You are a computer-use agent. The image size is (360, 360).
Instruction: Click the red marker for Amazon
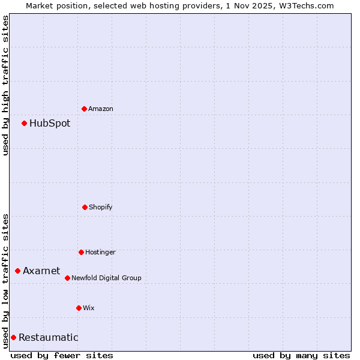(x=85, y=109)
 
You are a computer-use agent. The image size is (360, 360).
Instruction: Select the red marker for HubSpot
(x=25, y=123)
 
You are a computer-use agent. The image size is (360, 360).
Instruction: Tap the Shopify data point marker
(x=85, y=207)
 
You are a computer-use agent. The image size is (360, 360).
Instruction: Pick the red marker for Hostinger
(x=81, y=252)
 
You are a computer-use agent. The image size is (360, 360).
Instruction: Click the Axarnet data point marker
(x=18, y=271)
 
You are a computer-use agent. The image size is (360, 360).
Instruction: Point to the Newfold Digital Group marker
(x=67, y=278)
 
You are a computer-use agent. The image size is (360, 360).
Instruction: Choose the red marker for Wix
(x=79, y=308)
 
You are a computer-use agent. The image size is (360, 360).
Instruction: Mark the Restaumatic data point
(x=13, y=337)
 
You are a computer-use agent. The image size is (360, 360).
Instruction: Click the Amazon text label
(x=101, y=109)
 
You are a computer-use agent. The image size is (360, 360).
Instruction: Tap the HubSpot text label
(x=50, y=123)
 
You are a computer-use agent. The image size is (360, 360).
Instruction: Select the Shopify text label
(x=101, y=207)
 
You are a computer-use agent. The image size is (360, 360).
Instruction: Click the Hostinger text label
(x=100, y=252)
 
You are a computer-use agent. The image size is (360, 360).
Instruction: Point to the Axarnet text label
(x=41, y=271)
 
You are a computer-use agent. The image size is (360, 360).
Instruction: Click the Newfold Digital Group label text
(x=106, y=278)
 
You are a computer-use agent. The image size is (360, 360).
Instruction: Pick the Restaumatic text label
(x=48, y=337)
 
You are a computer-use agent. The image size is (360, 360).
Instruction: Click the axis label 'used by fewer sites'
(x=62, y=355)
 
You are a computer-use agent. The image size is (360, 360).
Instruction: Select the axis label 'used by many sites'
(x=301, y=355)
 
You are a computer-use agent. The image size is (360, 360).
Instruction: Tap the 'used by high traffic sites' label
(x=5, y=85)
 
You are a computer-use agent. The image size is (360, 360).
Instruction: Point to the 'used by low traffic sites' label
(x=5, y=280)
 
